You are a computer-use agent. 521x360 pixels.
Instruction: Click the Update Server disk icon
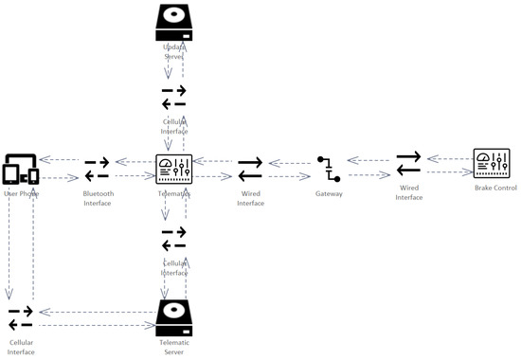(174, 23)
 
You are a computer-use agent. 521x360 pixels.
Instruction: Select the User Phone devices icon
(21, 169)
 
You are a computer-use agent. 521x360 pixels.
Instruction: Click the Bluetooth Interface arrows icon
(97, 169)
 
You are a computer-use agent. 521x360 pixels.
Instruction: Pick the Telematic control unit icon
(174, 169)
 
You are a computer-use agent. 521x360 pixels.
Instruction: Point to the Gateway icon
(329, 169)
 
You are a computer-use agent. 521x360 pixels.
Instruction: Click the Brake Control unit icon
(493, 163)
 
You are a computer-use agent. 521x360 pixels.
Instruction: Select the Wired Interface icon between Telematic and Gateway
(250, 169)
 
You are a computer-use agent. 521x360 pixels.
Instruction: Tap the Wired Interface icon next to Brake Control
(408, 163)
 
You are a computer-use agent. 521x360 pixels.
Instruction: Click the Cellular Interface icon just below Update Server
(174, 98)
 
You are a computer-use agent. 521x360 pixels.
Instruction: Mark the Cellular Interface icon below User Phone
(21, 316)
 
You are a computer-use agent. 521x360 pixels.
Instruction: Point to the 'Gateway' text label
(329, 193)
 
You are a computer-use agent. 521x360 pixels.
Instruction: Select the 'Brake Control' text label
(495, 189)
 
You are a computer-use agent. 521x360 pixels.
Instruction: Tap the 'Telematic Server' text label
(174, 347)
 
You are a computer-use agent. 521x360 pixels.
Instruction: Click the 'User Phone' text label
(21, 193)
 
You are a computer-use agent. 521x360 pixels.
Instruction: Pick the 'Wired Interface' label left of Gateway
(250, 197)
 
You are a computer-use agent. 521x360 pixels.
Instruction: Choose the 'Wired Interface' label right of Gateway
(408, 192)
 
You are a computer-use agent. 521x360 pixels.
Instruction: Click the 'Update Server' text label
(174, 52)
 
